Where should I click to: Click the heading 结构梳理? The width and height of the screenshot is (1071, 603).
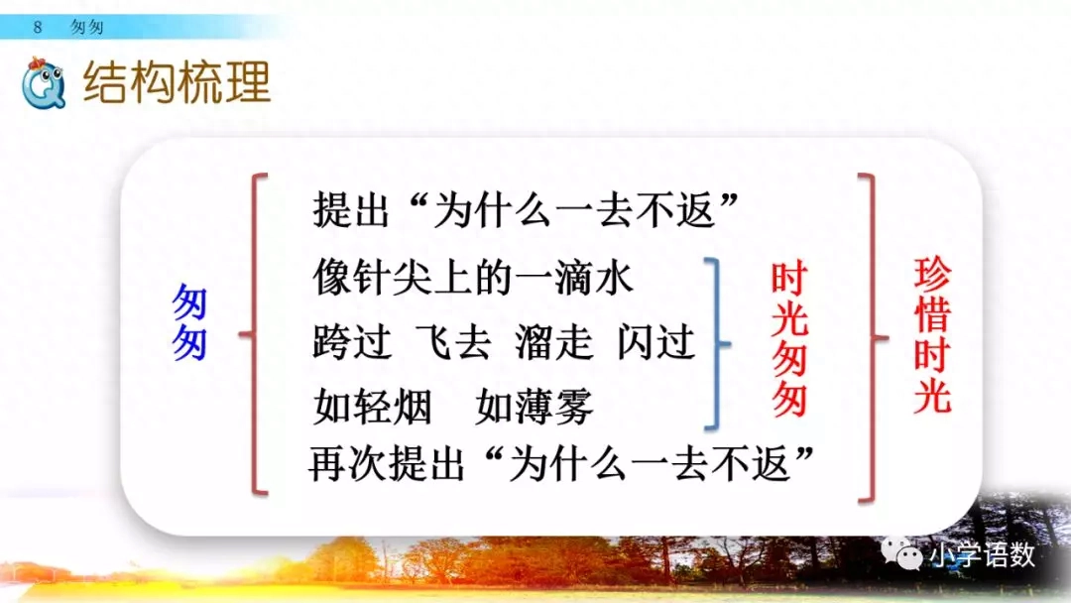tap(177, 83)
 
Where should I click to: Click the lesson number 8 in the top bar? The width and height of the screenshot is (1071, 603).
tap(38, 27)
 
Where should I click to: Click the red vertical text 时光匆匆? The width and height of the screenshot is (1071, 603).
tap(789, 340)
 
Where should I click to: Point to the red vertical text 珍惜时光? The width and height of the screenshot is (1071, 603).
tap(931, 336)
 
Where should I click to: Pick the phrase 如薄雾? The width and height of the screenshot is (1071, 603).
tap(535, 406)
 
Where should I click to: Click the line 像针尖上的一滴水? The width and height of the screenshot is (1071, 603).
tap(473, 278)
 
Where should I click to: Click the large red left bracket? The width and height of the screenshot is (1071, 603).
tap(255, 334)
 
